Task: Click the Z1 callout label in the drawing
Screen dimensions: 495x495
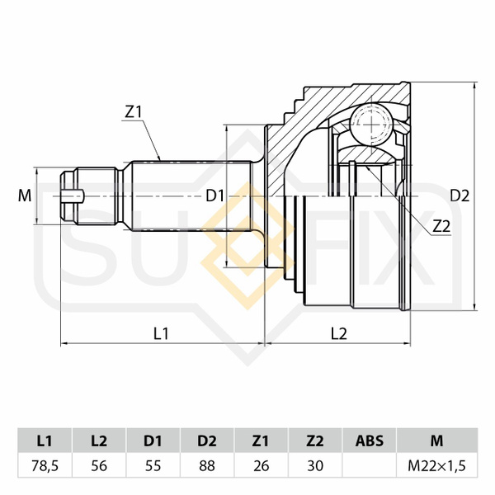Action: click(x=134, y=112)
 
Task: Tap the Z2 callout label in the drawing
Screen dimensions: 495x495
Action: click(x=441, y=226)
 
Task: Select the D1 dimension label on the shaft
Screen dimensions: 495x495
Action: click(x=215, y=196)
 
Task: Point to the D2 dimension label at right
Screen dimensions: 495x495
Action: click(x=460, y=196)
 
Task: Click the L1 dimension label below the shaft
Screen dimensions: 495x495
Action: click(x=162, y=333)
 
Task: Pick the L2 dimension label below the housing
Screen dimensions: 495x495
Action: click(x=339, y=333)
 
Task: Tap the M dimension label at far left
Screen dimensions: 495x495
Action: click(x=25, y=196)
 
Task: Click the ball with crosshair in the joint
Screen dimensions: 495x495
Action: click(x=371, y=125)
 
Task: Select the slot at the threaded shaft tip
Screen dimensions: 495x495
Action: click(x=73, y=196)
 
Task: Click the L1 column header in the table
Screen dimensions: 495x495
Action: click(x=45, y=441)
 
